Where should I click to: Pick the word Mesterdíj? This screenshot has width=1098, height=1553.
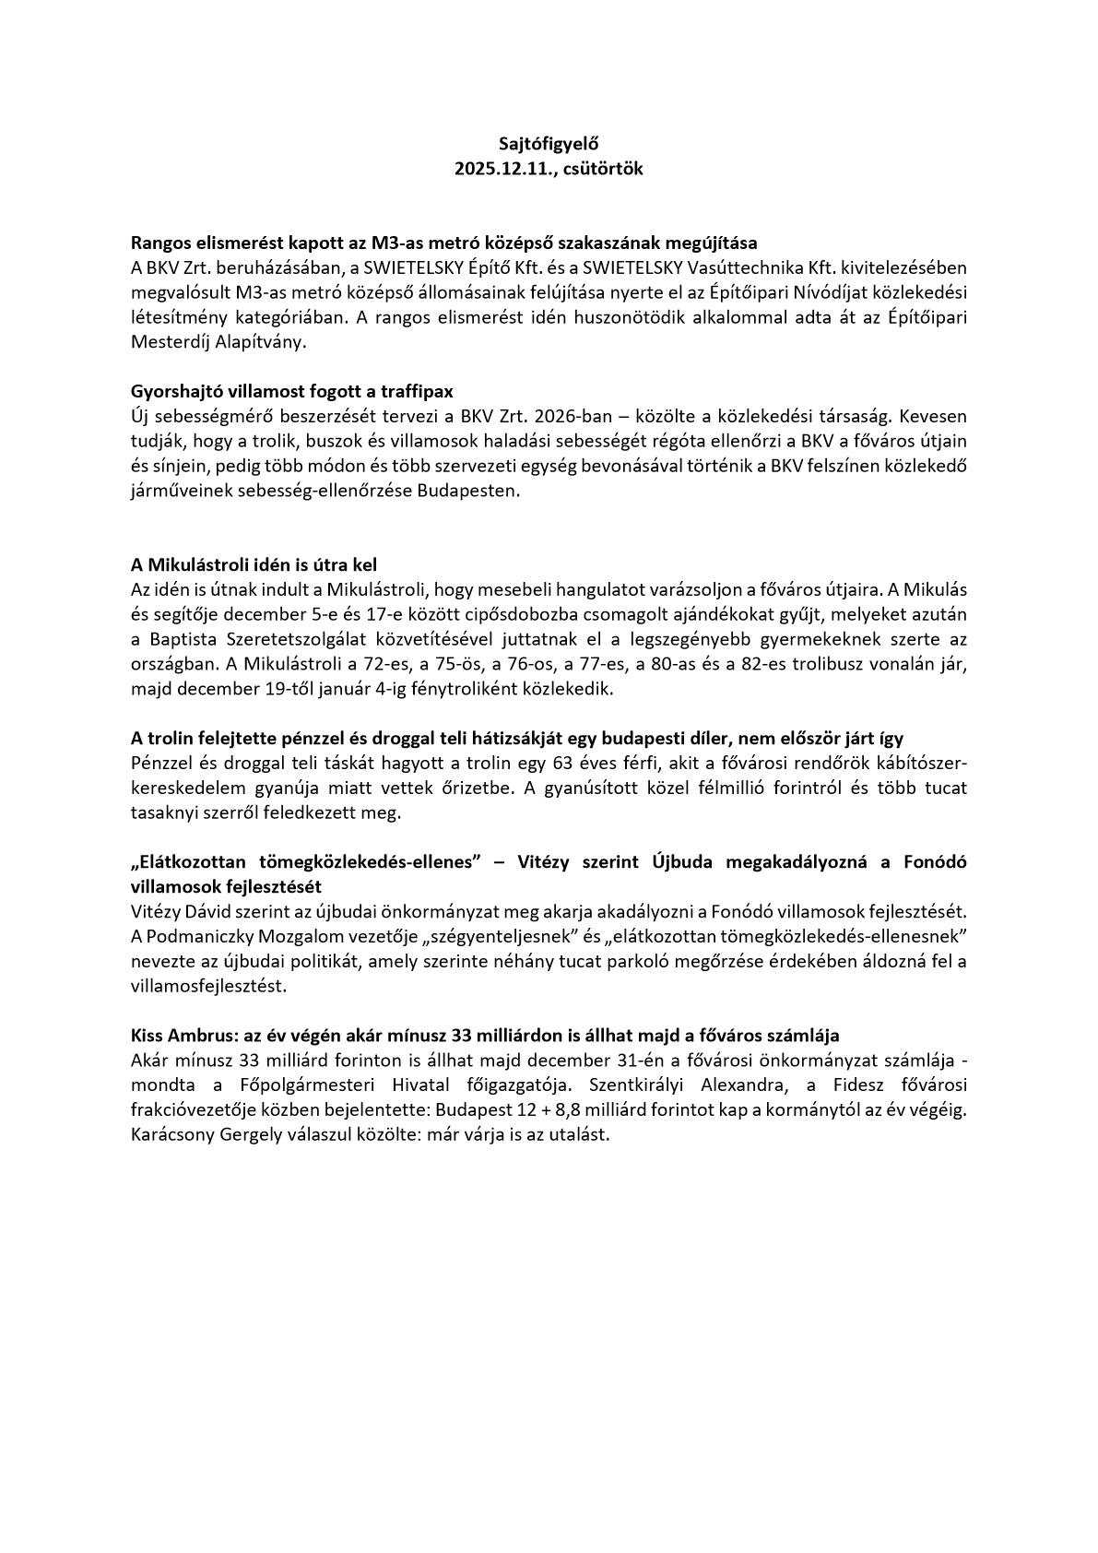(x=171, y=341)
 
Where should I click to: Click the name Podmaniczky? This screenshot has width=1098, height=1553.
(x=197, y=936)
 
